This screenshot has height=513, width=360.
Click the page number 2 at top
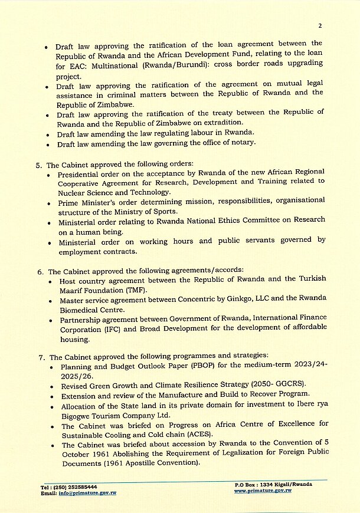(319, 25)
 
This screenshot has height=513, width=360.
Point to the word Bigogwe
(78, 415)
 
